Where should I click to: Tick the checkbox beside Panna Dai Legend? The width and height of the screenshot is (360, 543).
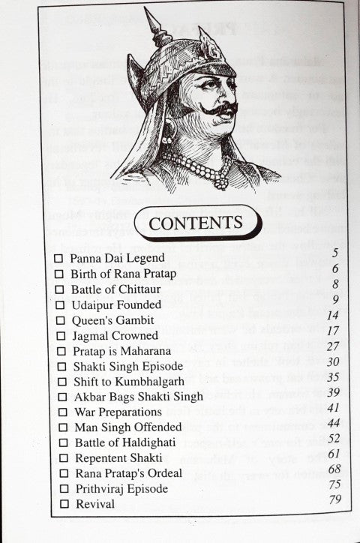pyautogui.click(x=59, y=258)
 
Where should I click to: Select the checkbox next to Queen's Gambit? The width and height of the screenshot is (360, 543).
pyautogui.click(x=59, y=320)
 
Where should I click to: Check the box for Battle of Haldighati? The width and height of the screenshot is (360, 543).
pyautogui.click(x=59, y=442)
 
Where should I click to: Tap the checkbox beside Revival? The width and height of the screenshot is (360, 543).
pyautogui.click(x=59, y=504)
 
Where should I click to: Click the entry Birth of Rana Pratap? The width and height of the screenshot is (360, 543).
pyautogui.click(x=124, y=273)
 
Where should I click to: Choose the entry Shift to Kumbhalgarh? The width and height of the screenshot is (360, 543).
pyautogui.click(x=125, y=381)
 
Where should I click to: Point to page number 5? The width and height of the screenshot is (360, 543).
pyautogui.click(x=334, y=253)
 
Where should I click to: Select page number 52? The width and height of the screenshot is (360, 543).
pyautogui.click(x=333, y=438)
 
